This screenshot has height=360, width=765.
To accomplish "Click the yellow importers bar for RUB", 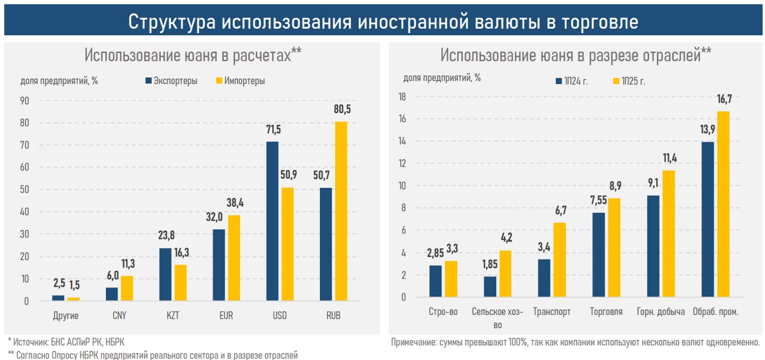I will coord(341,211).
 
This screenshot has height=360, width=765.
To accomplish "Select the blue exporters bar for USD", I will coord(272,221).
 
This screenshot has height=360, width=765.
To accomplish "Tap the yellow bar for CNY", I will coord(127,288).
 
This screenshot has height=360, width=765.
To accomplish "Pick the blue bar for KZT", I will coord(165,274).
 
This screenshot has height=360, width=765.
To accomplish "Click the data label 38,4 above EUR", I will coord(235,203).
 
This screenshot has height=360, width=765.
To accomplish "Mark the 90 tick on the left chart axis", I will coord(24,101).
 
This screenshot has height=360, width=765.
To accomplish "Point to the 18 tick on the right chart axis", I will coord(402,97).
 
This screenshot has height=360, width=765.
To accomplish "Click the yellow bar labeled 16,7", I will coord(723,204).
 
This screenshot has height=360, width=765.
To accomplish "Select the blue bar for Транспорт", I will coord(544,278).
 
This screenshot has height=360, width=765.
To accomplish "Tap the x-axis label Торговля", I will coord(606,312).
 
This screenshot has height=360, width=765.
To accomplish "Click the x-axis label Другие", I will coord(66,315).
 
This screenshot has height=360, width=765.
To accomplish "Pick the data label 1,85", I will coord(489,264).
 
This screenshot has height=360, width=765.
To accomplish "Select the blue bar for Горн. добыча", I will coord(653,246).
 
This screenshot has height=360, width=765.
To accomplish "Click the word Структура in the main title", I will coord(172,22).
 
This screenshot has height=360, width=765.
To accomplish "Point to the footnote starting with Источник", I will coord(67,342).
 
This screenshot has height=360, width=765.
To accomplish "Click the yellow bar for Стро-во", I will coord(451,279).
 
